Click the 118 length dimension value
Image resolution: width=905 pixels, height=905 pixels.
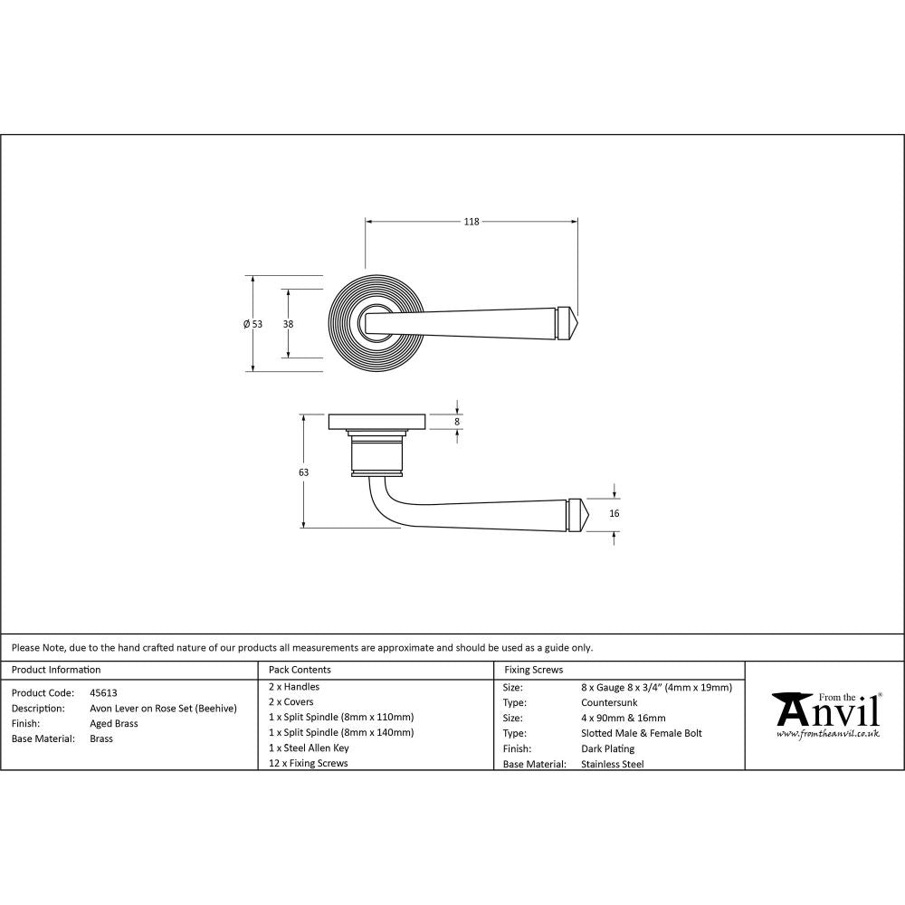coord(471,222)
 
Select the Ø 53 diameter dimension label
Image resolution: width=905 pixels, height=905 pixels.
coord(252,324)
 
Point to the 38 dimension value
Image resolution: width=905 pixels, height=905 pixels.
coord(288,324)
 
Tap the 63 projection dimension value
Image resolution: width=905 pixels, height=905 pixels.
coord(303,472)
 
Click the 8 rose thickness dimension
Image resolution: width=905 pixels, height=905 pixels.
coord(457,422)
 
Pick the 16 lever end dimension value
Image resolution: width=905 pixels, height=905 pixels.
coord(614,513)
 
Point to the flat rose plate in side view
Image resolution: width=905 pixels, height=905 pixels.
coord(376,421)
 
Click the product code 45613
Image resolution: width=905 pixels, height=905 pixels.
coord(103,692)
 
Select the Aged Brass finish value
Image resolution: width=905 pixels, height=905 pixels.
coord(114,723)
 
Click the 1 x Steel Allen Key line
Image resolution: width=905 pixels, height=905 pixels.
coord(309,748)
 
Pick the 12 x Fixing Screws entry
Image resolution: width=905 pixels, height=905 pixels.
coord(309,763)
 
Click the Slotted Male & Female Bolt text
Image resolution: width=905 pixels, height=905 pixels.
coord(641,733)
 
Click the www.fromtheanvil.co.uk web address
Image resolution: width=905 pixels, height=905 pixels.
coord(827,734)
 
